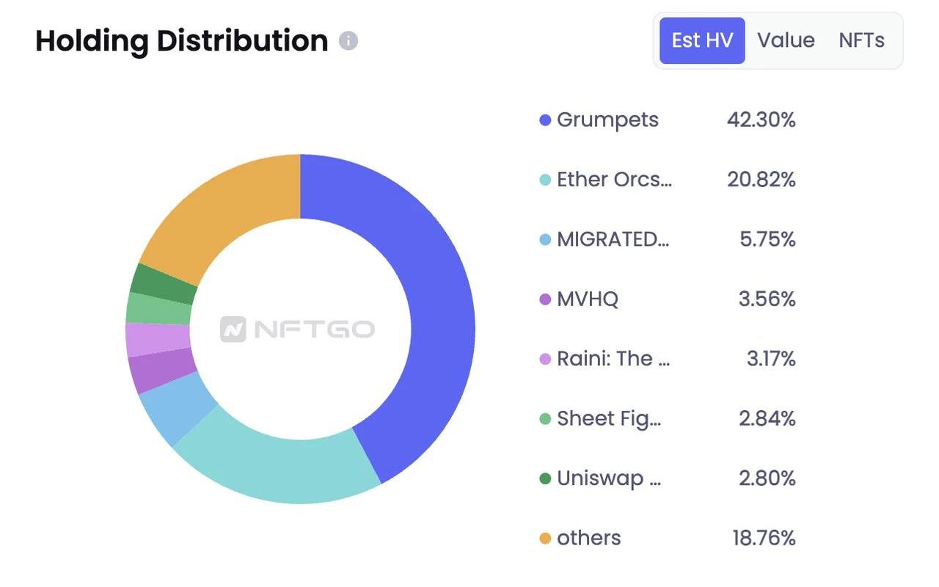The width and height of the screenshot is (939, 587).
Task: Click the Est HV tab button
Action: (x=702, y=40)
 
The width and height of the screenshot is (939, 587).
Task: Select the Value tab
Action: (x=786, y=40)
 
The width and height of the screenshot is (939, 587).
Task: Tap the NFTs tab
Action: (x=861, y=40)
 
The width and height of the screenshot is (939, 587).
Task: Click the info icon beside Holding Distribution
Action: (x=348, y=40)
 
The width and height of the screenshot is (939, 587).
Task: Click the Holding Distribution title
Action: (x=181, y=41)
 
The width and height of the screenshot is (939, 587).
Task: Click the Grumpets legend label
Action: (x=607, y=120)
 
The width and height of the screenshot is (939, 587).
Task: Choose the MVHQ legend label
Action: (x=587, y=299)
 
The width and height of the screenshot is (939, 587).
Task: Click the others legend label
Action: (x=588, y=538)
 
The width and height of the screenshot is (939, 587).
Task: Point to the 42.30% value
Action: (x=761, y=120)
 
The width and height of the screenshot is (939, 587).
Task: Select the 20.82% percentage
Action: (x=761, y=180)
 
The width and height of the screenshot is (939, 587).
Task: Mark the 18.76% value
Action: (x=763, y=538)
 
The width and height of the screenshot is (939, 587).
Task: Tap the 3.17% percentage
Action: (x=770, y=359)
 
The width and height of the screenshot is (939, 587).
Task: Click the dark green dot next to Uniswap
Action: (x=545, y=479)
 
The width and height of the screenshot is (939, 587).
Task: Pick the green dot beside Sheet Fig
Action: (x=545, y=419)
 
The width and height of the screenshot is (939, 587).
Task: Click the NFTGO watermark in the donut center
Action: (x=297, y=329)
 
